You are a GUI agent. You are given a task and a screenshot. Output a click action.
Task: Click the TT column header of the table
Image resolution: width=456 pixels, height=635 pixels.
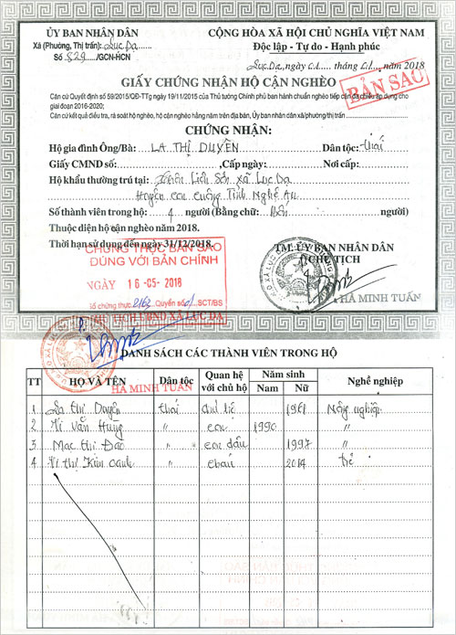tap(35, 380)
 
